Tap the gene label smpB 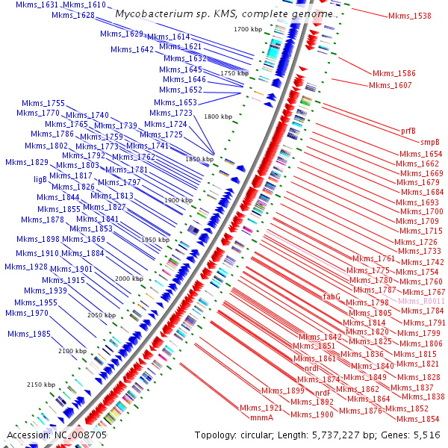pyautogui.click(x=429, y=141)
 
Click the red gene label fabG pyautogui.click(x=332, y=296)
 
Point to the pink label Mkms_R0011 pyautogui.click(x=421, y=301)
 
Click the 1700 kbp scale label pyautogui.click(x=247, y=29)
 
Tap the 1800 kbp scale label pyautogui.click(x=219, y=116)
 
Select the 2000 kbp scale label pyautogui.click(x=129, y=278)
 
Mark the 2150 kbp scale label pyautogui.click(x=41, y=385)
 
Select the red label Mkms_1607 pyautogui.click(x=390, y=85)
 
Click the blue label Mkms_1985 pyautogui.click(x=29, y=334)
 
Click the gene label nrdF pyautogui.click(x=323, y=393)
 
